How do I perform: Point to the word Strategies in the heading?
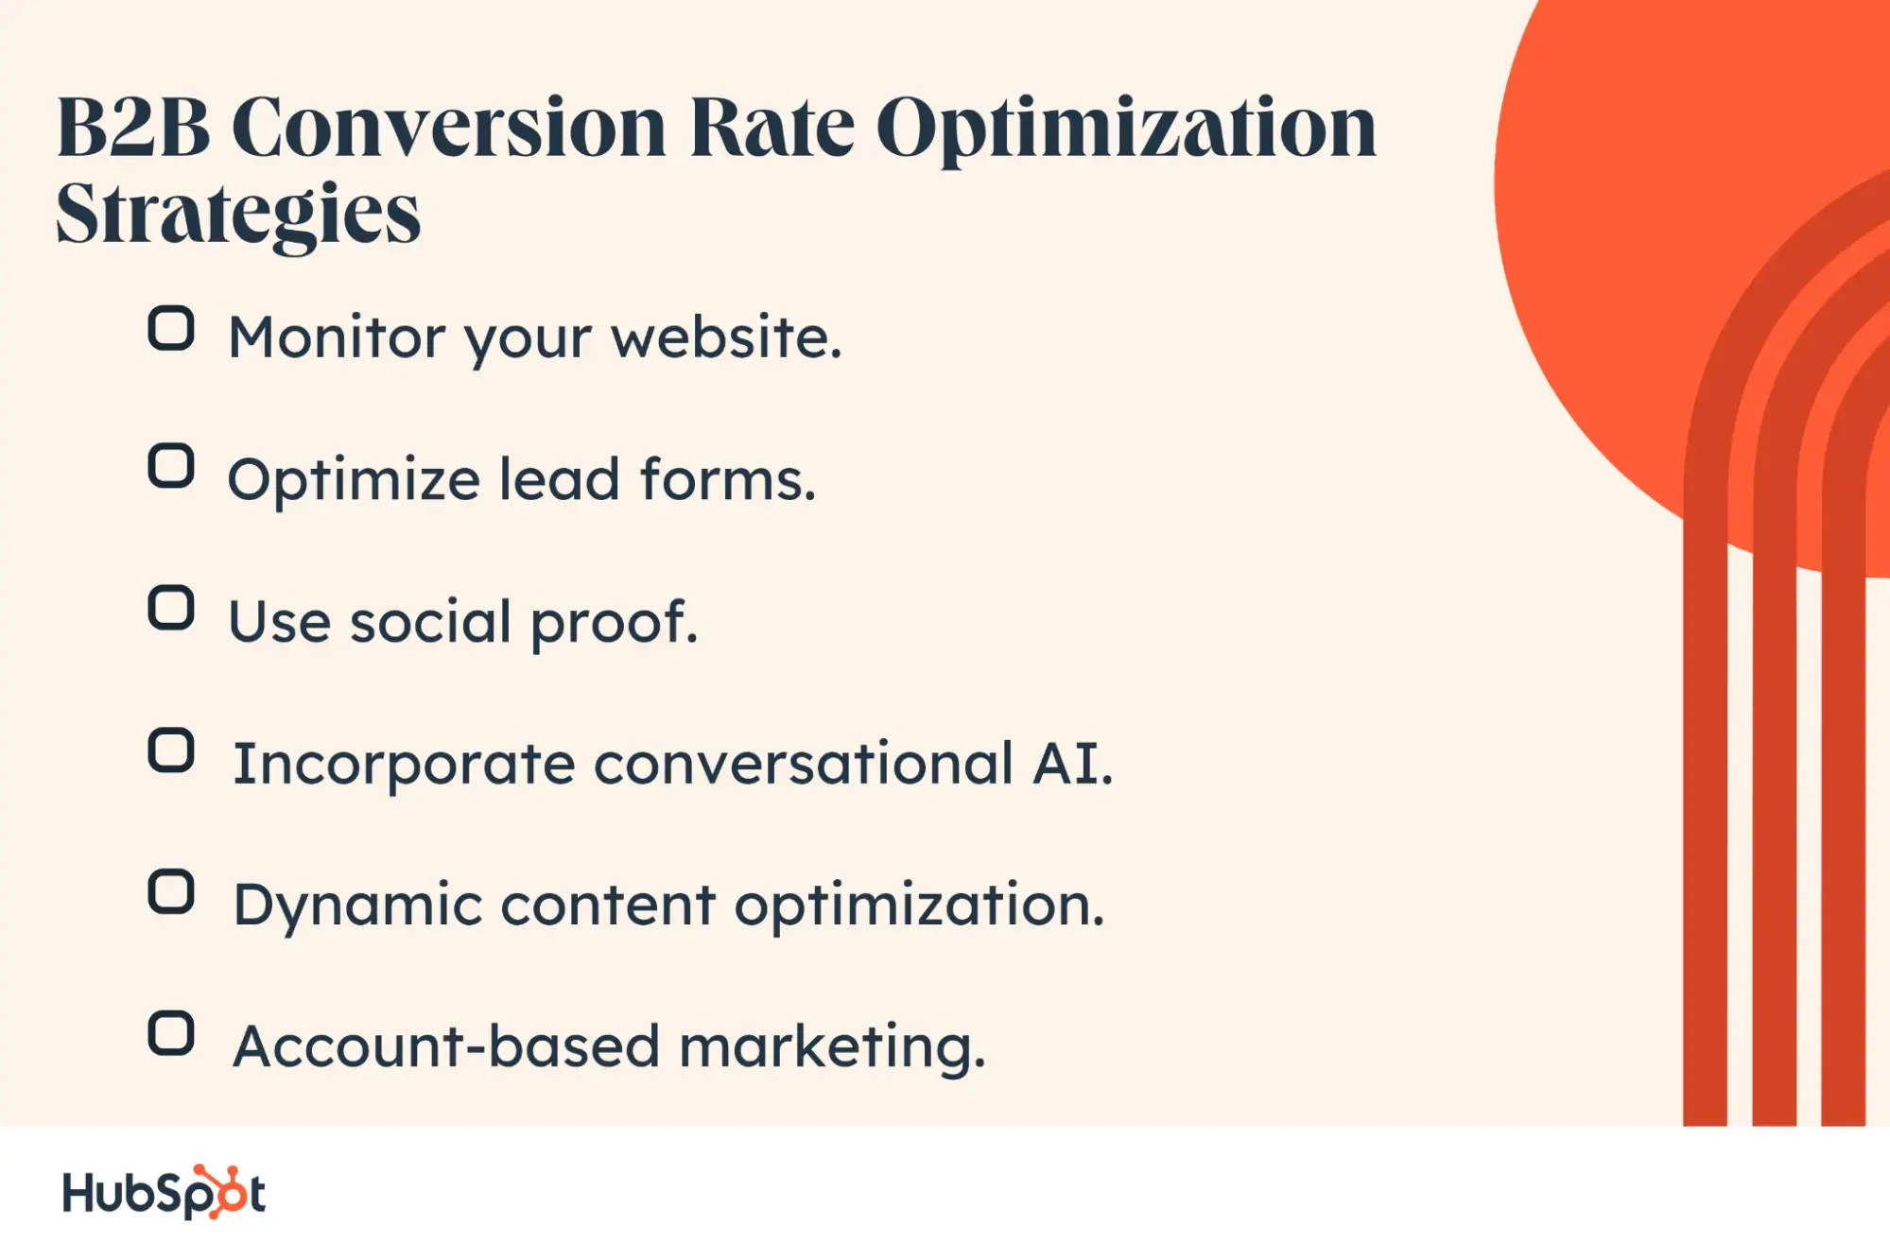(x=238, y=216)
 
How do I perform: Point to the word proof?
(x=615, y=624)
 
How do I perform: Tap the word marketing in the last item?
(x=832, y=1049)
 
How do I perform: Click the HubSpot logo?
(x=164, y=1192)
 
